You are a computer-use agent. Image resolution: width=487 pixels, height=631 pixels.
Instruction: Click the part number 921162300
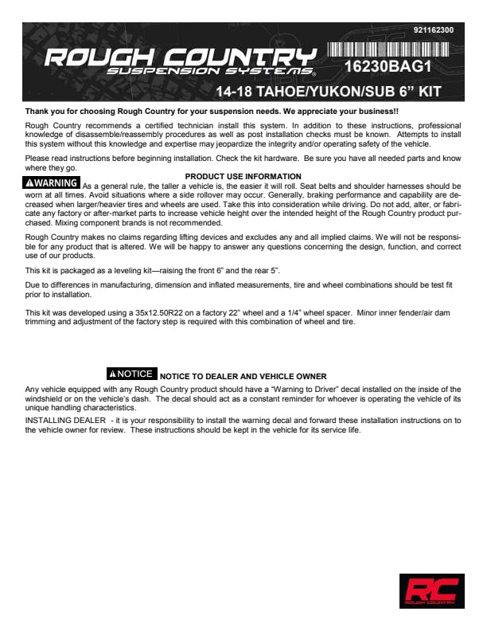[434, 30]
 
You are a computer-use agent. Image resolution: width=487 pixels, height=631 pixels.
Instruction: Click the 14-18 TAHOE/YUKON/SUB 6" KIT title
[322, 92]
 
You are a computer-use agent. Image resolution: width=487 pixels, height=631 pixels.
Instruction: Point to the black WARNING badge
[52, 183]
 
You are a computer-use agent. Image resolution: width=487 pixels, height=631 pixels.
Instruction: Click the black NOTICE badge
[131, 374]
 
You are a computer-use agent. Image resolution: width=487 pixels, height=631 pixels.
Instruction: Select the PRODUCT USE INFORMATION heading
[243, 176]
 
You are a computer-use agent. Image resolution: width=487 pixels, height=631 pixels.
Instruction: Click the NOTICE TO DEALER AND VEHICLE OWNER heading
[243, 376]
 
